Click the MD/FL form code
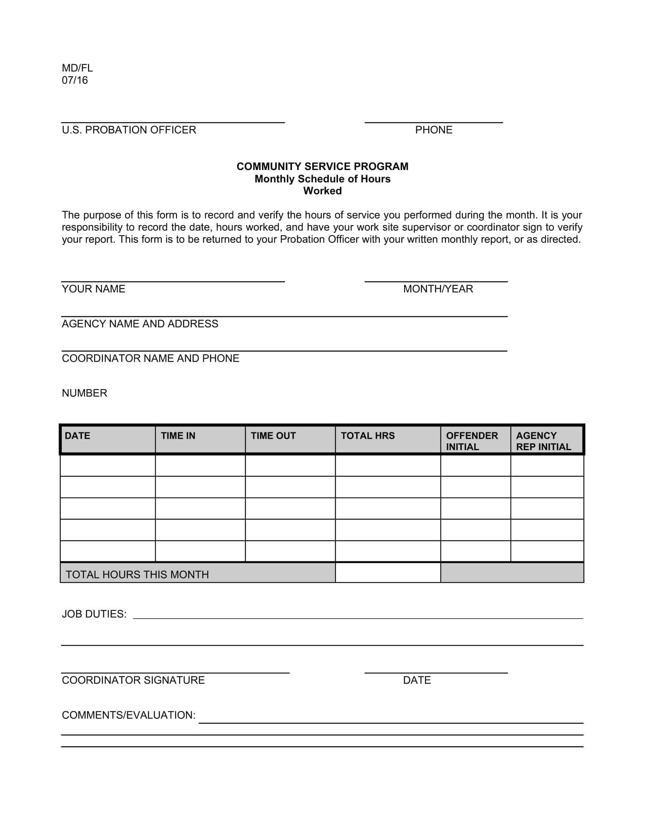77,68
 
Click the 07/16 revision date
75,80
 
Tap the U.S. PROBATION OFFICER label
129,130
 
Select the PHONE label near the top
434,130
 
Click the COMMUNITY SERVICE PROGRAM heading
322,167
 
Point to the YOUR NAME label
94,289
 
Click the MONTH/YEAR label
438,289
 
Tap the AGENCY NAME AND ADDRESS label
140,324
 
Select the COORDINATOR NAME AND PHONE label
151,359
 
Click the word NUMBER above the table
85,393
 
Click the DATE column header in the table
77,436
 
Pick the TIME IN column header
178,436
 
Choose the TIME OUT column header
273,436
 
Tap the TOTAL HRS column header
368,436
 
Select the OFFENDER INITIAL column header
472,441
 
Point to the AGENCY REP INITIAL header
543,441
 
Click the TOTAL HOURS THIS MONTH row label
137,575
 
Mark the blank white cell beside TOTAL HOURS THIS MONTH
388,573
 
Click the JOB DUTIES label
94,614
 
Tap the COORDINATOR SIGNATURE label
133,680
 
